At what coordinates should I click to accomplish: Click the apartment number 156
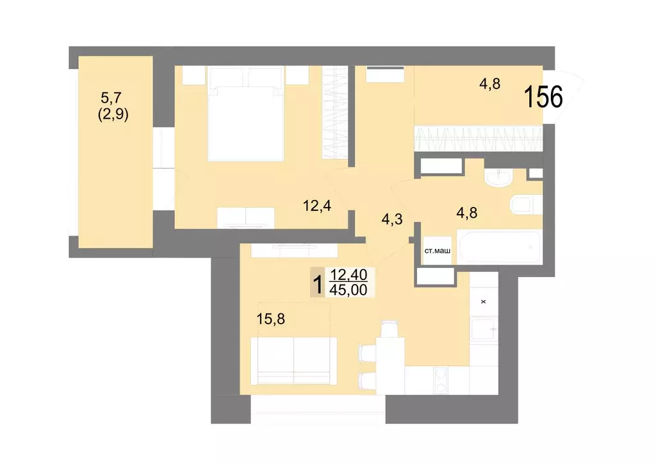coord(543,97)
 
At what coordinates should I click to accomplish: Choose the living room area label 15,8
coord(271,319)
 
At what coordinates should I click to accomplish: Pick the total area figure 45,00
coord(348,290)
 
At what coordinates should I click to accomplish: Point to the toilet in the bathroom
coord(525,205)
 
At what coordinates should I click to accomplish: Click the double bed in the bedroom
coord(246,115)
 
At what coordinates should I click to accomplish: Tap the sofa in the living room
coord(294,362)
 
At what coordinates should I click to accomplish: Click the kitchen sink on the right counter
coord(484,331)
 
